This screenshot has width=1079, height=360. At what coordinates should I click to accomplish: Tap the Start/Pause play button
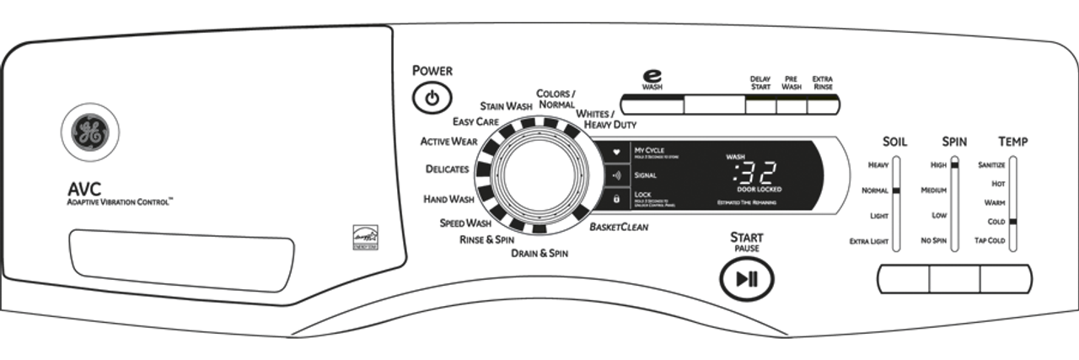pos(746,279)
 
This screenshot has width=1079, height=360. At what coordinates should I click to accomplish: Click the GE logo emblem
pos(89,134)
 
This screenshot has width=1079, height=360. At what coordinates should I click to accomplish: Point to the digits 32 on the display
pos(754,175)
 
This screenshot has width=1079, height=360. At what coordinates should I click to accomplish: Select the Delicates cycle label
pos(447,169)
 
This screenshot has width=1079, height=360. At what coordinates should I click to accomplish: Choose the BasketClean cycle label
pos(619,227)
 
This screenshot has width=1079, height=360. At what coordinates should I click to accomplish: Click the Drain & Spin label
pos(539,253)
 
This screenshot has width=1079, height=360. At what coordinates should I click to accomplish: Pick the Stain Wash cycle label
pos(506,106)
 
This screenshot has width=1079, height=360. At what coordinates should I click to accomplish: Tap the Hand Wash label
pos(448,200)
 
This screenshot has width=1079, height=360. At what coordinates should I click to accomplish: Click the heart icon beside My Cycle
pos(616,152)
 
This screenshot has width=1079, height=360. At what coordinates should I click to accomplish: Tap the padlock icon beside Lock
pos(616,199)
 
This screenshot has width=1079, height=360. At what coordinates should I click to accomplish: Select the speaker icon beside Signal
pos(616,175)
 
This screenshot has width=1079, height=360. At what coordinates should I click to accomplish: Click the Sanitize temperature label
pos(991,164)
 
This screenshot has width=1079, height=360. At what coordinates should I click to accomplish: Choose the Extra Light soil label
pos(869,241)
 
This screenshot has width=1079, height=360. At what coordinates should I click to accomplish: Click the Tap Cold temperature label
pos(990,241)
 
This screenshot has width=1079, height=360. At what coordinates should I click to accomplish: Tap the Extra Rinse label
pos(822,83)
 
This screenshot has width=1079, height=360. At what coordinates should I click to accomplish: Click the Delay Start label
pos(760,83)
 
